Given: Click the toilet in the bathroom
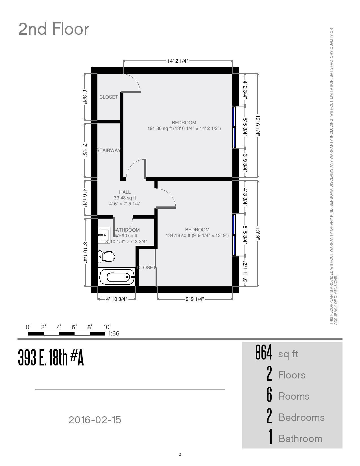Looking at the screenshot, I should (106, 256).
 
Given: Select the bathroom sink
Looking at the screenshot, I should (104, 235).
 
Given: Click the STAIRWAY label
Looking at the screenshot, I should (108, 150).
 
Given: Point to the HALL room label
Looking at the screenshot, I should (125, 192).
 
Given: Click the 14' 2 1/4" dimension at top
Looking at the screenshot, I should (178, 61).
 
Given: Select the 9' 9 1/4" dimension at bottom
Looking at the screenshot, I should (195, 299).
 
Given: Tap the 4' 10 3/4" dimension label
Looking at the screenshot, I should (117, 299).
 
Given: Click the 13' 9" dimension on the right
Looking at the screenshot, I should (258, 234).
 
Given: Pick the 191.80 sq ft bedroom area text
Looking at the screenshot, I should (184, 129).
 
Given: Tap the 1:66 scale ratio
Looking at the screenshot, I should (114, 334).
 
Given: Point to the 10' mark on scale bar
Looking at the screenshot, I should (107, 327).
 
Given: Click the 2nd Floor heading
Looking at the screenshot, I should (54, 29).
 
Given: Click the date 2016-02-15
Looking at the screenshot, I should (95, 420).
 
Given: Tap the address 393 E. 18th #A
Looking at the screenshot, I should (51, 358).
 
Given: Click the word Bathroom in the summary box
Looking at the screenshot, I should (300, 439).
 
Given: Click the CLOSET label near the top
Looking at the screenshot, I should (108, 97).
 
